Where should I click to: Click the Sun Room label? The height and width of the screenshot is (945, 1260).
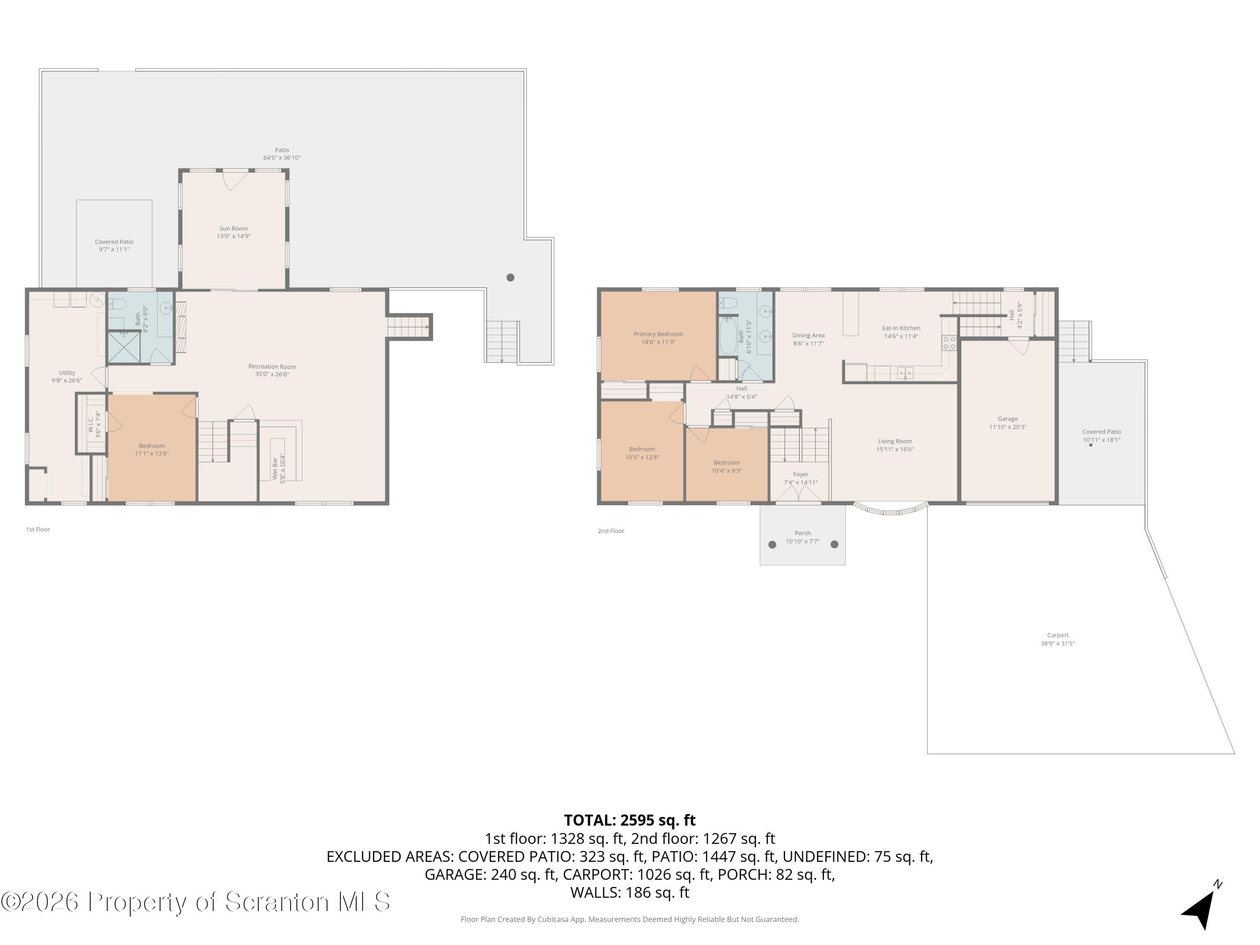point(234,228)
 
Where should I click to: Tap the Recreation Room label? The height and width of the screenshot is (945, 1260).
point(272,366)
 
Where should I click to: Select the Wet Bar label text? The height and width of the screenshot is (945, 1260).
point(275,468)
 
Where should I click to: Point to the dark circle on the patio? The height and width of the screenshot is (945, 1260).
point(510,277)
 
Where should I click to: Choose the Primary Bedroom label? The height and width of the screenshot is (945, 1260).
point(659,334)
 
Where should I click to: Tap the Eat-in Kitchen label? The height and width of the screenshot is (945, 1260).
point(901,328)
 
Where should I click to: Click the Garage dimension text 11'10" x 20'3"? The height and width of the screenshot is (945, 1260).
point(1008,427)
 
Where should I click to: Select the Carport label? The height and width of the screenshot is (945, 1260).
point(1058,635)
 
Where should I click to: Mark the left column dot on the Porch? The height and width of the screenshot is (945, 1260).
point(772,545)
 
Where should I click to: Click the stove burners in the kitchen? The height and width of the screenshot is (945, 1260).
point(949,343)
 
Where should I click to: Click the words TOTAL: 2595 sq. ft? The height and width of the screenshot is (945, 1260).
point(630,820)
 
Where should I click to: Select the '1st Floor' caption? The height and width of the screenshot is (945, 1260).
point(38,529)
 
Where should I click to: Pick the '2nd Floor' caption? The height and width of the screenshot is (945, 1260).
point(611,531)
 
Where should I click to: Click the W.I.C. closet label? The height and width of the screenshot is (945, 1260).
point(91,424)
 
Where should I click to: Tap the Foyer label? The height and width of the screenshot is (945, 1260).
point(801,474)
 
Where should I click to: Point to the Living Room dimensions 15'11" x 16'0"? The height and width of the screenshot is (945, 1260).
point(895,449)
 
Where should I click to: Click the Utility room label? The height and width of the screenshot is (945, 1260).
point(67,373)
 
